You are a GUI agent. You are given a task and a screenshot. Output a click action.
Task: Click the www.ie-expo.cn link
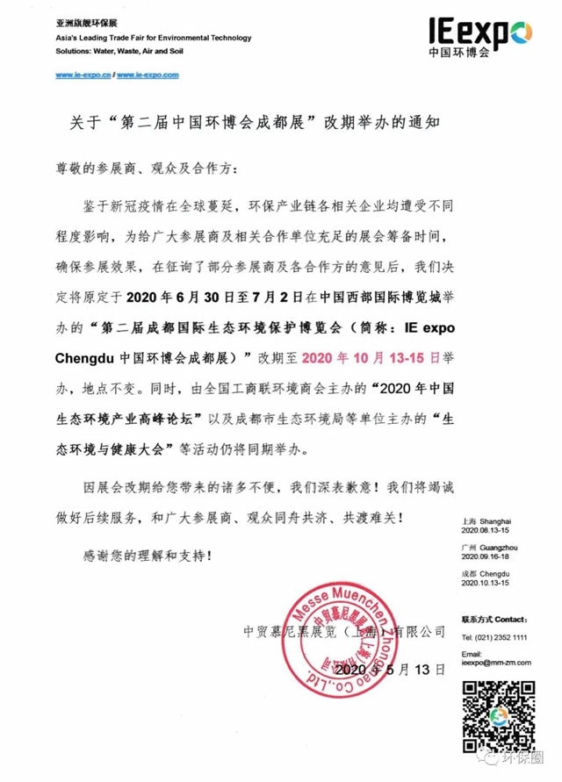pos(83,75)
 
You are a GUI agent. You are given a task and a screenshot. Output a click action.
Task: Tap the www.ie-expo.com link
pos(148,75)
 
